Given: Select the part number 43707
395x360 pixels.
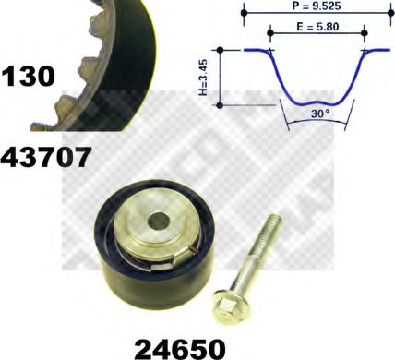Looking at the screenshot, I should click(47, 157).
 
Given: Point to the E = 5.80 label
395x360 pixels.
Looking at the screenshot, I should click(317, 28).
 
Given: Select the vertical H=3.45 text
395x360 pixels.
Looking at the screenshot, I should click(211, 78).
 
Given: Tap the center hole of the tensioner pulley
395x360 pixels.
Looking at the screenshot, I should click(158, 222).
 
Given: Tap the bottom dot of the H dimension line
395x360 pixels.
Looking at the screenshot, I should click(221, 105).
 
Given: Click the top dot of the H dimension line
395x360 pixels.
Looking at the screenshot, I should click(221, 51).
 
